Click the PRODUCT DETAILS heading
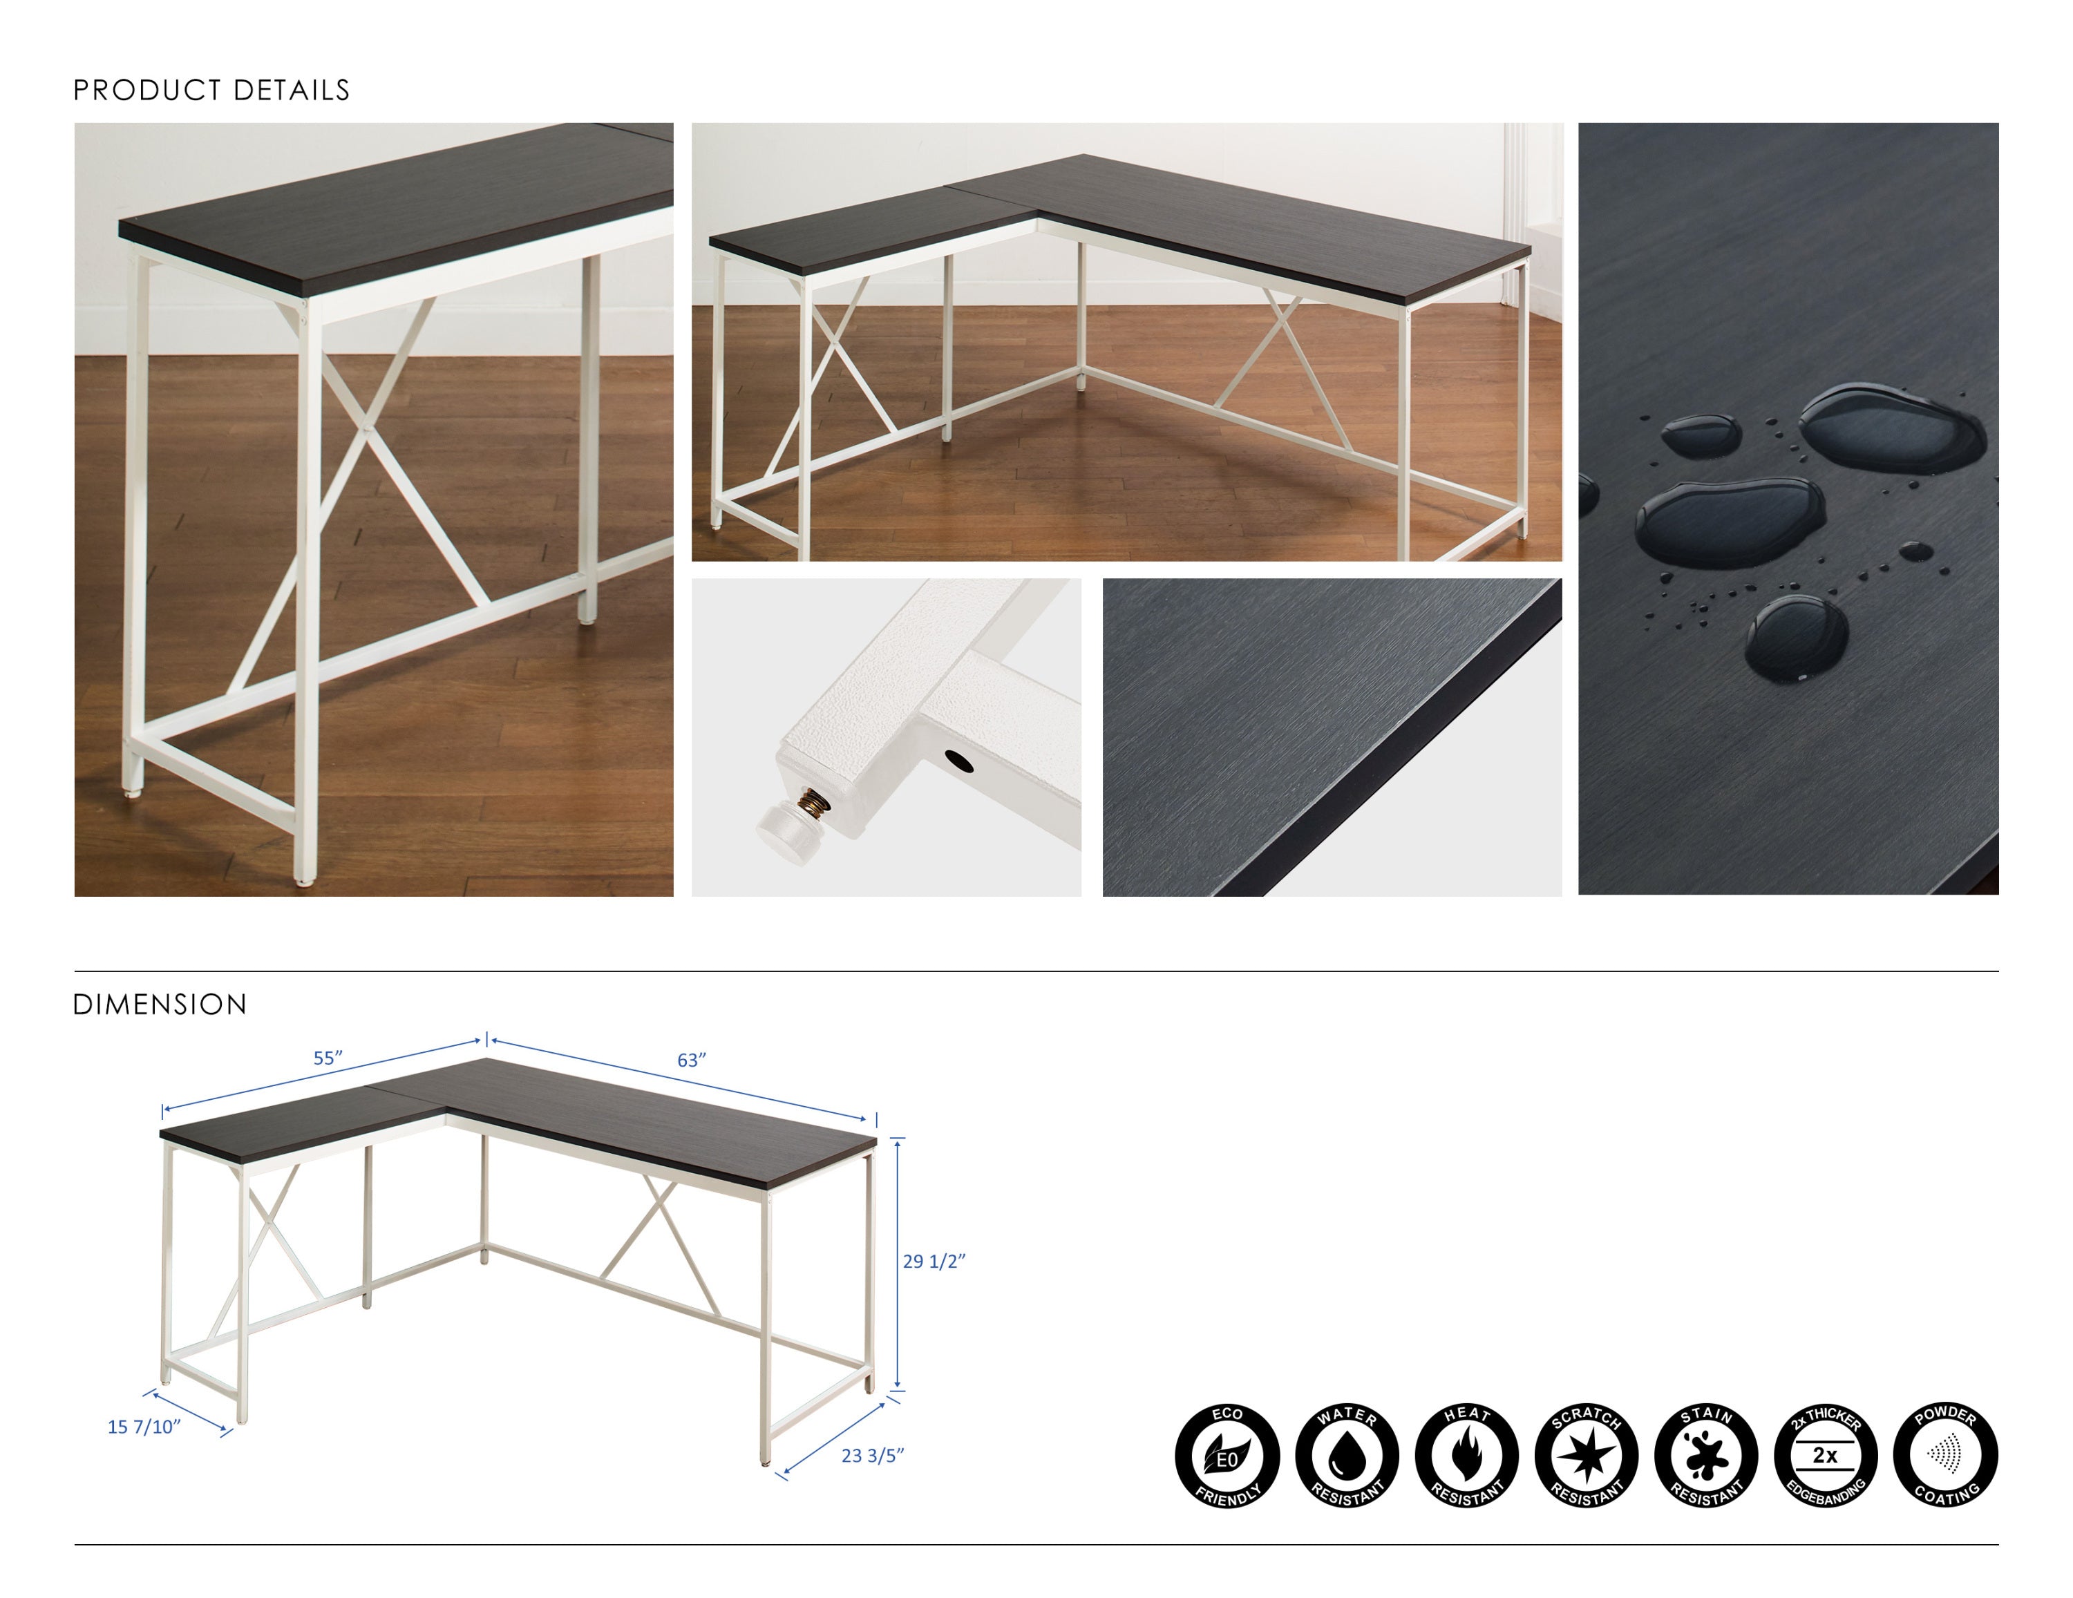(211, 90)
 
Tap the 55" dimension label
(328, 1058)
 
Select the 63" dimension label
(692, 1060)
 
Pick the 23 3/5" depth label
(872, 1456)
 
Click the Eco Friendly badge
(1227, 1456)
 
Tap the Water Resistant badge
(1347, 1456)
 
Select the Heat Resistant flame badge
(1466, 1456)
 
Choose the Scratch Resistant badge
(1586, 1456)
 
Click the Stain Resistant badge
(1705, 1456)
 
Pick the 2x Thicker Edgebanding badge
(1825, 1456)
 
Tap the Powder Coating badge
(1945, 1456)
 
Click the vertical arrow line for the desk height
(898, 1262)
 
